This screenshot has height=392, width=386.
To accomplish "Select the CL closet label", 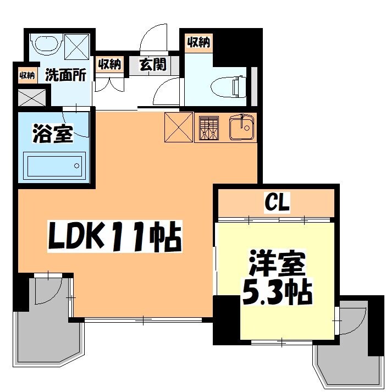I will (x=276, y=203).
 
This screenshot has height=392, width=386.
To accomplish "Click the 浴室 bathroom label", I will (x=53, y=134).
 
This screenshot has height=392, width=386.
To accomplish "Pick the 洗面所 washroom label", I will (x=65, y=75).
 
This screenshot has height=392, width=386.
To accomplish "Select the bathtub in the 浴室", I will (x=54, y=165).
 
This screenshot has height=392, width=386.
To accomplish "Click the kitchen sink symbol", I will (x=240, y=128).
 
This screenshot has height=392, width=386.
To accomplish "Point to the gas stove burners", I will (x=209, y=128).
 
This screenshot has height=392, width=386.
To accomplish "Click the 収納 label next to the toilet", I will (x=199, y=42).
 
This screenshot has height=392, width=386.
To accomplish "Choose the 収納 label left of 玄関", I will (x=109, y=64).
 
